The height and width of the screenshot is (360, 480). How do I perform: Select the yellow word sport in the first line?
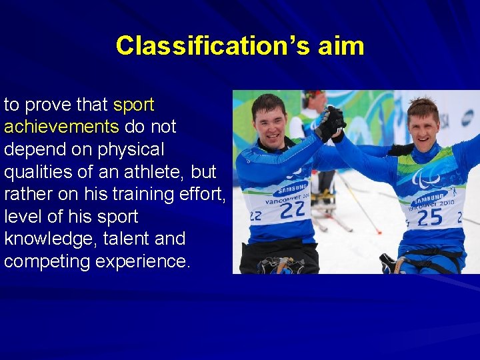click(134, 105)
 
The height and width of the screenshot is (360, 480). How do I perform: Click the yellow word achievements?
click(61, 127)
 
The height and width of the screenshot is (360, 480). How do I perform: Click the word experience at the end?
click(143, 261)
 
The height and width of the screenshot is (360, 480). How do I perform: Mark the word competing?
click(47, 261)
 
